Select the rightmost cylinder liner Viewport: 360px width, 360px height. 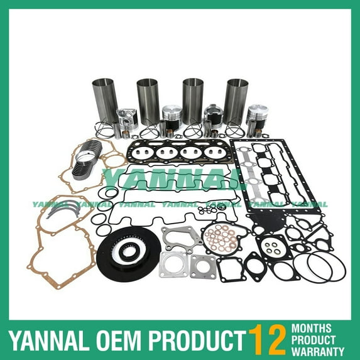(237, 102)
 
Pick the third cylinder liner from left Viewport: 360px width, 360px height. (194, 102)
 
